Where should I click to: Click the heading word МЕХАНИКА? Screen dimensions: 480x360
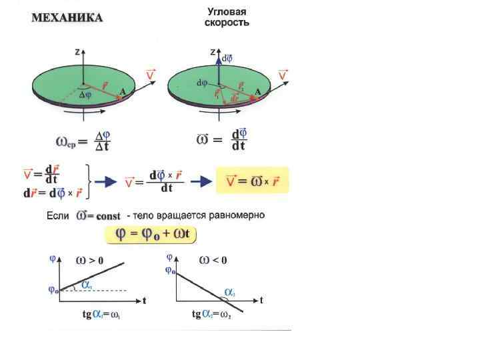click(x=68, y=18)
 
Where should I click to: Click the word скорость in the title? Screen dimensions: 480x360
click(x=227, y=23)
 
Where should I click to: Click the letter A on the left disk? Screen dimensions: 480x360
click(x=123, y=93)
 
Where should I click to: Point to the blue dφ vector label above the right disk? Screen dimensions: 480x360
click(x=227, y=58)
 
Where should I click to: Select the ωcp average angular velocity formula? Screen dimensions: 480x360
click(x=81, y=141)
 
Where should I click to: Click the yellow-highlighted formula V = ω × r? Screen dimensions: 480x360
click(x=253, y=180)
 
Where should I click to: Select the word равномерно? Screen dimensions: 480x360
click(x=241, y=216)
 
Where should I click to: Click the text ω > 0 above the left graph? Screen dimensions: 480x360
click(x=91, y=260)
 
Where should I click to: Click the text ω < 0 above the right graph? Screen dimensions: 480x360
click(x=213, y=260)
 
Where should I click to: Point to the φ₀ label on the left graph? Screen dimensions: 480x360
click(x=53, y=290)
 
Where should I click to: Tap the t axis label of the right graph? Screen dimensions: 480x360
click(x=262, y=301)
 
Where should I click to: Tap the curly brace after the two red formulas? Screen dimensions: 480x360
click(x=89, y=181)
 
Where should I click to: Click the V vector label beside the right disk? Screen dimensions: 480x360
click(x=283, y=75)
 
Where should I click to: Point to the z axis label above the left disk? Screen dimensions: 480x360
click(x=78, y=51)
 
